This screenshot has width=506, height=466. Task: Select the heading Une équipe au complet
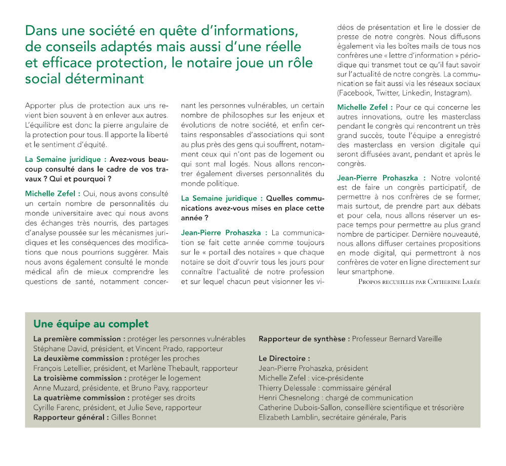point(91,324)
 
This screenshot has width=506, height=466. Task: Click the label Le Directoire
point(284,359)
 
